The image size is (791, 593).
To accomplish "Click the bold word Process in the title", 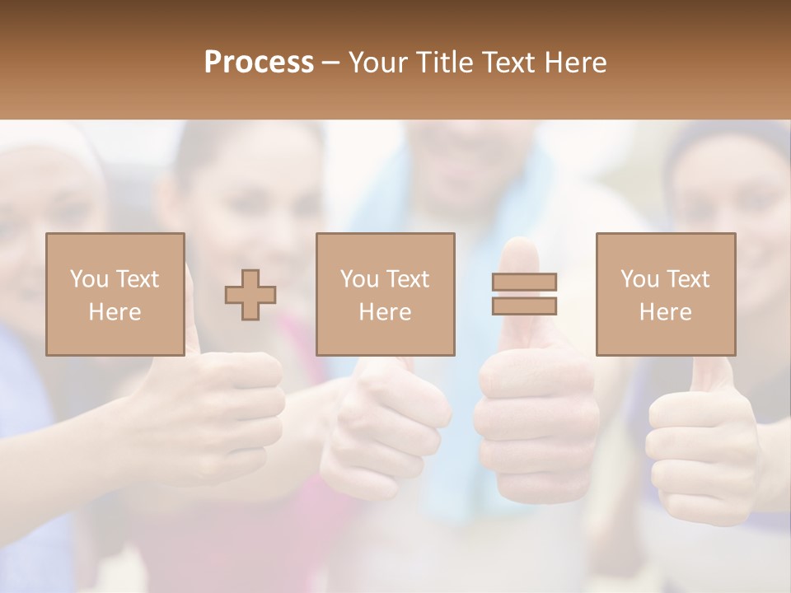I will point(259,63).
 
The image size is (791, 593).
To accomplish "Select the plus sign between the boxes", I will point(250,295).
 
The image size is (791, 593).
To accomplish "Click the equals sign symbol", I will point(524,294).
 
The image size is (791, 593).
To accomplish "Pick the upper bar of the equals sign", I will point(524,282).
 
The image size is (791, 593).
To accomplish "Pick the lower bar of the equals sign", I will point(524,306).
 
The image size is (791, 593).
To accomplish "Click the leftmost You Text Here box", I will point(115,294).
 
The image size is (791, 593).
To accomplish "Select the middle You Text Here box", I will point(385,294).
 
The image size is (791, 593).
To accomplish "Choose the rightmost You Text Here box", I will point(666,294).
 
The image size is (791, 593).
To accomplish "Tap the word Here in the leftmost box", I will point(115,312).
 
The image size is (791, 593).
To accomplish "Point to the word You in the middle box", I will point(359,279).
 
